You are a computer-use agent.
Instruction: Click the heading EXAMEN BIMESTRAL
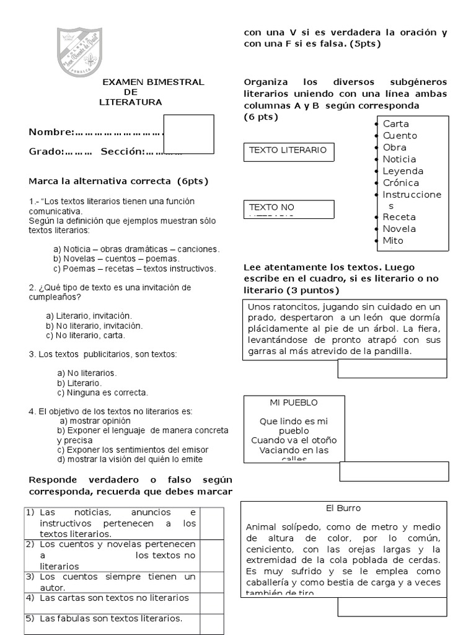pyautogui.click(x=153, y=82)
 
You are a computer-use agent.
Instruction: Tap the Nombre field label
pyautogui.click(x=51, y=132)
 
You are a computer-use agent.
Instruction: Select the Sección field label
pyautogui.click(x=123, y=151)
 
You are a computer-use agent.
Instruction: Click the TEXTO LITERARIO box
pyautogui.click(x=287, y=150)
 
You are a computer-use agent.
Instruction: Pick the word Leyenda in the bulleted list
pyautogui.click(x=403, y=171)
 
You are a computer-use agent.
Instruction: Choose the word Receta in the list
pyautogui.click(x=399, y=217)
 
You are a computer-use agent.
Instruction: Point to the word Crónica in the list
pyautogui.click(x=400, y=183)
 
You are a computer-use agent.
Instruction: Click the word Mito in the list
pyautogui.click(x=393, y=241)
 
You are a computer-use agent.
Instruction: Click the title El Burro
pyautogui.click(x=343, y=508)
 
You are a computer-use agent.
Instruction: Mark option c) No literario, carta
pyautogui.click(x=86, y=335)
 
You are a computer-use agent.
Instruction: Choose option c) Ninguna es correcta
pyautogui.click(x=102, y=393)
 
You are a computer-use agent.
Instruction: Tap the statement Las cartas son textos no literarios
pyautogui.click(x=113, y=598)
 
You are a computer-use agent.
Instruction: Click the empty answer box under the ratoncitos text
pyautogui.click(x=392, y=368)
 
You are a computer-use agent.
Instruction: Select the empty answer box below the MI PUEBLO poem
pyautogui.click(x=393, y=471)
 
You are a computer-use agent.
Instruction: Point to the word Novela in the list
pyautogui.click(x=399, y=229)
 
